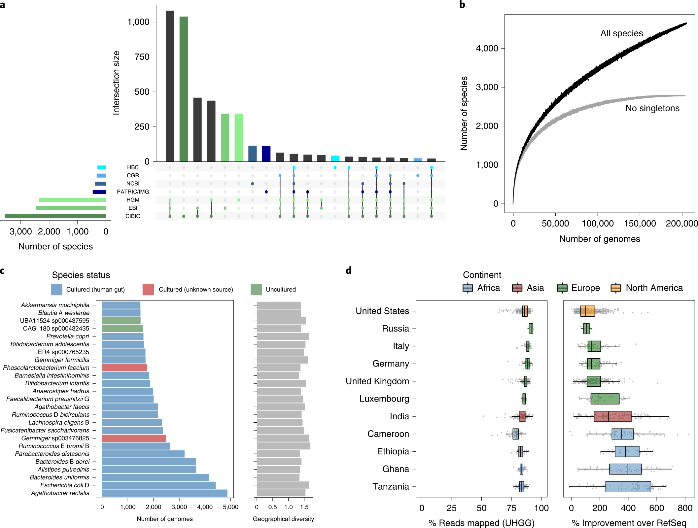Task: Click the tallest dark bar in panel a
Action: click(170, 86)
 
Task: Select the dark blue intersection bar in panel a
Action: click(266, 154)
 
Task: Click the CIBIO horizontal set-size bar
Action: click(55, 216)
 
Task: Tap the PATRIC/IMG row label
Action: click(133, 192)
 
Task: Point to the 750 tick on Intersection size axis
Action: click(142, 57)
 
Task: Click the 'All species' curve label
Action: click(621, 33)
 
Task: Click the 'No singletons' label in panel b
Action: click(652, 108)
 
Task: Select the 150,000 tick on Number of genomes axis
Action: click(640, 224)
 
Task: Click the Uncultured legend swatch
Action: click(256, 290)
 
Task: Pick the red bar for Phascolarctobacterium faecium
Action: click(124, 368)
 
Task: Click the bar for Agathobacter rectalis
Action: click(164, 493)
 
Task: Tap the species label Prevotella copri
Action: click(68, 336)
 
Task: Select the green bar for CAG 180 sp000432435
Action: click(122, 329)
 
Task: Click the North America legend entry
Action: click(647, 288)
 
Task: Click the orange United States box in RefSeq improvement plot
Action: click(587, 311)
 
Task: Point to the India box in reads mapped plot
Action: click(522, 416)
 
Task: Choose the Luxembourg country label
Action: click(384, 399)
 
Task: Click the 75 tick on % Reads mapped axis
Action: click(511, 508)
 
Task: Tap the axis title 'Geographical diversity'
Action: click(283, 519)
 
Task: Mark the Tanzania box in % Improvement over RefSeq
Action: click(628, 487)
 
